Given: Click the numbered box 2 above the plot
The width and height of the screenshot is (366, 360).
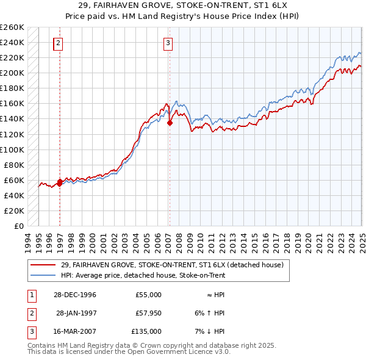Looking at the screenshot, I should pos(58,43).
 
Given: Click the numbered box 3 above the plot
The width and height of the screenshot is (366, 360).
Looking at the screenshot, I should pos(167,43).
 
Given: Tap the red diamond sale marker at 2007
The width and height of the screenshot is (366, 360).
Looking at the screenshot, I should pos(170,123).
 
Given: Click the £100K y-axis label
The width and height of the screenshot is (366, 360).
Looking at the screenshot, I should pos(12,149).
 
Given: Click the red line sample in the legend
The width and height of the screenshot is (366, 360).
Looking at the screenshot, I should pos(43,265).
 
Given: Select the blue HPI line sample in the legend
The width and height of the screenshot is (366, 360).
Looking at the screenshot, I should pos(43,276).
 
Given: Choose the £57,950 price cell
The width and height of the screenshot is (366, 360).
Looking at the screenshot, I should pos(148,313).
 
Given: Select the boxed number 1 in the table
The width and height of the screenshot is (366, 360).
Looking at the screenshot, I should pos(30,295).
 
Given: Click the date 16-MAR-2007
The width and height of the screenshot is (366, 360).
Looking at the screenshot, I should pos(73,331).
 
